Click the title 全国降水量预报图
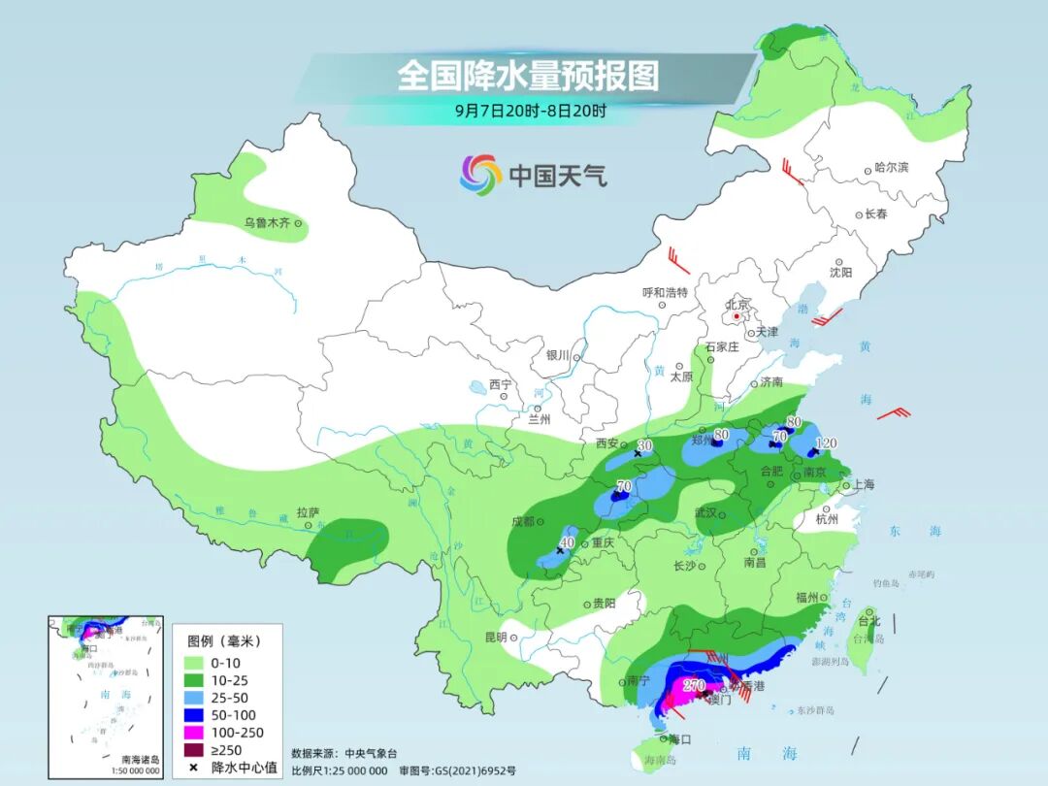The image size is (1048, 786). point(528,75)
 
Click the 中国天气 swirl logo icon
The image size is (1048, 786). point(480,175)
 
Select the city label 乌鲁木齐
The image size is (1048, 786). point(267,223)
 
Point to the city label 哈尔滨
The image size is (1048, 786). point(892,168)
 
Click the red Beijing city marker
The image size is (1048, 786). point(737,316)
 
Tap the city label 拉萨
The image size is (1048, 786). point(308,511)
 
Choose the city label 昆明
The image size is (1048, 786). point(495,638)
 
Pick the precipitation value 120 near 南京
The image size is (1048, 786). point(826,442)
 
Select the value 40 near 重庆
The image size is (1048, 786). point(569,542)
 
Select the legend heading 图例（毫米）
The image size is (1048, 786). point(223,640)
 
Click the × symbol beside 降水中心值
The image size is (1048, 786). point(194,768)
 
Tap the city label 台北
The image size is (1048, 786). point(869,621)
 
